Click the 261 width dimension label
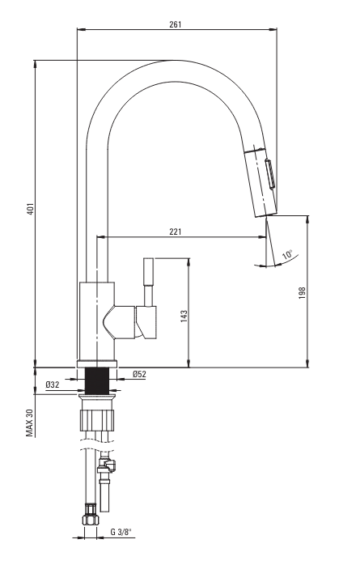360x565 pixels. point(176,24)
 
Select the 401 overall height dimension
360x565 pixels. point(31,210)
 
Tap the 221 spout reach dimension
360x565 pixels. point(176,232)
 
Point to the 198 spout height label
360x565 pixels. point(302,292)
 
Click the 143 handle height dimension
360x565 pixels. point(184,316)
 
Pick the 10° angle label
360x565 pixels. point(288,254)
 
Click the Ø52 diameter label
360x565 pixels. point(139,374)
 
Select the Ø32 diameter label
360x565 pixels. point(53,384)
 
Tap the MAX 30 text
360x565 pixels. point(29,423)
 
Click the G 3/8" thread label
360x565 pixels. point(121,532)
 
